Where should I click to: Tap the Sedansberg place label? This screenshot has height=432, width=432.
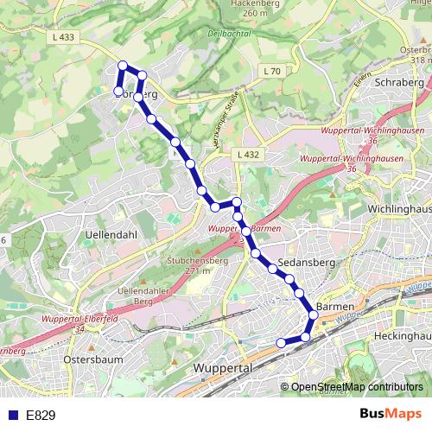[x=306, y=263]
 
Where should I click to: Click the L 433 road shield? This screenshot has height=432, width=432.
[x=64, y=36]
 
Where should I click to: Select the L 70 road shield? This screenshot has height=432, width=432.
[x=272, y=71]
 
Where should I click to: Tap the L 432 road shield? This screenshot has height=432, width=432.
[x=247, y=154]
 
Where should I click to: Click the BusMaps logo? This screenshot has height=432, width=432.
[x=390, y=415]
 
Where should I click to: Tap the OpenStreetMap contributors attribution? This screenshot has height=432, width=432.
[x=356, y=386]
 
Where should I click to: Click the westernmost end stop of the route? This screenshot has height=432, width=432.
[x=118, y=91]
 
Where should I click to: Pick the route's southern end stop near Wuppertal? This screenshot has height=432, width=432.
[x=280, y=343]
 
